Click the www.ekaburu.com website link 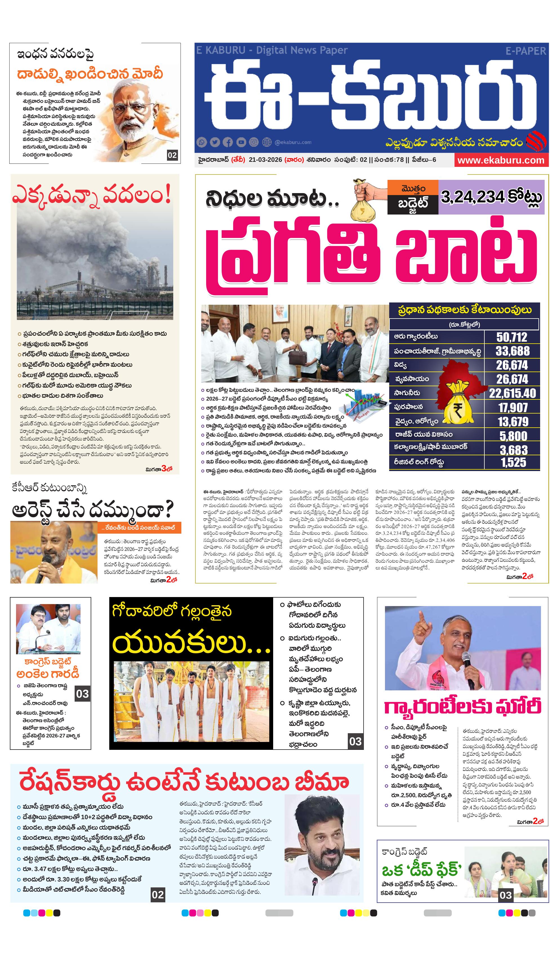coord(500,160)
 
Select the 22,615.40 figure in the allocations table coord(512,393)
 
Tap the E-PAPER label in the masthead coord(525,51)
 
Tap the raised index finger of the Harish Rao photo coord(421,616)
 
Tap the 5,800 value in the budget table coord(513,435)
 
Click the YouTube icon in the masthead coord(241,142)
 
